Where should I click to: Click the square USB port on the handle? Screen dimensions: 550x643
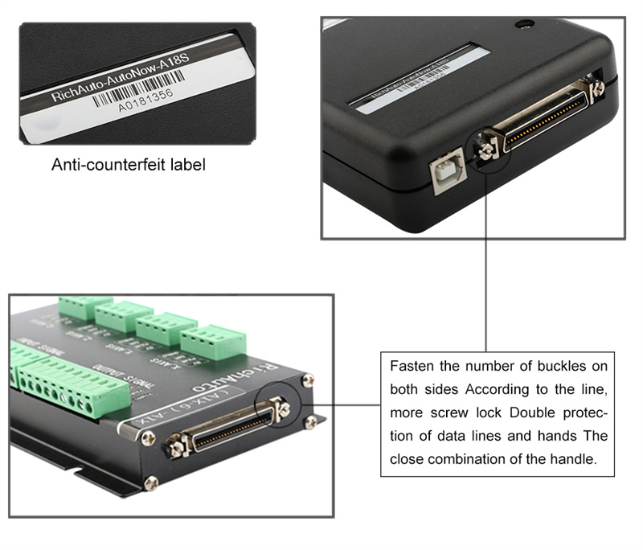(x=445, y=172)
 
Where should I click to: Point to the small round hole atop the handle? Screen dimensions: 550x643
(x=526, y=24)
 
